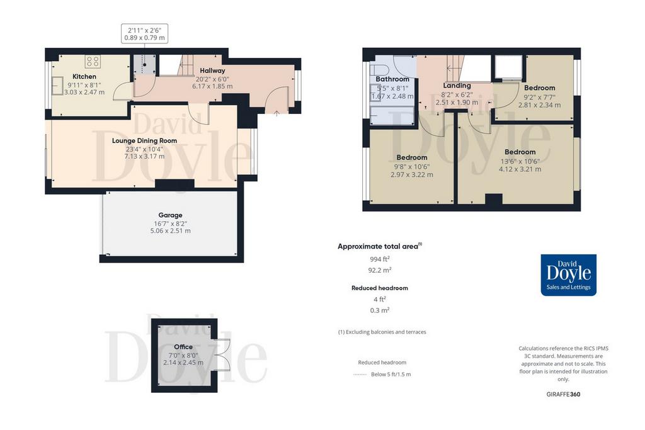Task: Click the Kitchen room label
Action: tap(84, 76)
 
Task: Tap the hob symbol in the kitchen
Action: tap(93, 62)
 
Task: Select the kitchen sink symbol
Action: tap(57, 86)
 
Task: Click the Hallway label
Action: tap(212, 71)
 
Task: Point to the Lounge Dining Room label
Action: tap(144, 140)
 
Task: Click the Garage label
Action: tap(170, 215)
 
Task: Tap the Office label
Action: tap(183, 347)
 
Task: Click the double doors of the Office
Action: tap(222, 355)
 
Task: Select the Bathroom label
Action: tap(392, 79)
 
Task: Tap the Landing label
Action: tap(457, 86)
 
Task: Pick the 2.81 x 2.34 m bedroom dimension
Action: tap(539, 105)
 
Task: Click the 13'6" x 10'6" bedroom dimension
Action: tap(520, 161)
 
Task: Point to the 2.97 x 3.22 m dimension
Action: tap(412, 175)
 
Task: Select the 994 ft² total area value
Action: tap(380, 259)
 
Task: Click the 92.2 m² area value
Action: tap(380, 271)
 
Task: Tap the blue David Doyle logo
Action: tap(569, 275)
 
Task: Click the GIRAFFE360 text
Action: tap(563, 394)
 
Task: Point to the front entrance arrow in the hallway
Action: tap(277, 113)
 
